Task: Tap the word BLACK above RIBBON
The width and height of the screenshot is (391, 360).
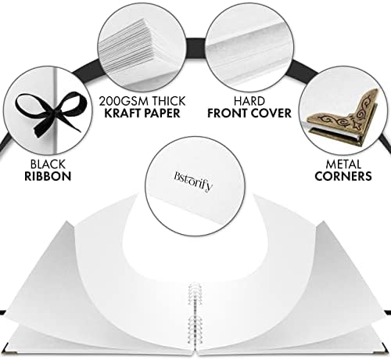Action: tap(48, 164)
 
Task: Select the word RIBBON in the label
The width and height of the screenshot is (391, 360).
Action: tap(48, 176)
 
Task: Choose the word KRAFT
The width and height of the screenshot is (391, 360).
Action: tap(122, 113)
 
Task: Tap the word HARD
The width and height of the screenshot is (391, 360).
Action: tap(249, 101)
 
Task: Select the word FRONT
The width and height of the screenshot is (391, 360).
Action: tap(227, 113)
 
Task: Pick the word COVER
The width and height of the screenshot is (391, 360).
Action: tap(271, 113)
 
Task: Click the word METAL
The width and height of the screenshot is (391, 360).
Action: tap(343, 164)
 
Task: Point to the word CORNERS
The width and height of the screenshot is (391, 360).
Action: tap(343, 176)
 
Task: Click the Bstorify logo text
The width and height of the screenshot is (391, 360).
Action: tap(193, 182)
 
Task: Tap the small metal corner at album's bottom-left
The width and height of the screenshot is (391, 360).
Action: tap(12, 352)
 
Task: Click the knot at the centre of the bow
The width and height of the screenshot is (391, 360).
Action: tap(54, 113)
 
